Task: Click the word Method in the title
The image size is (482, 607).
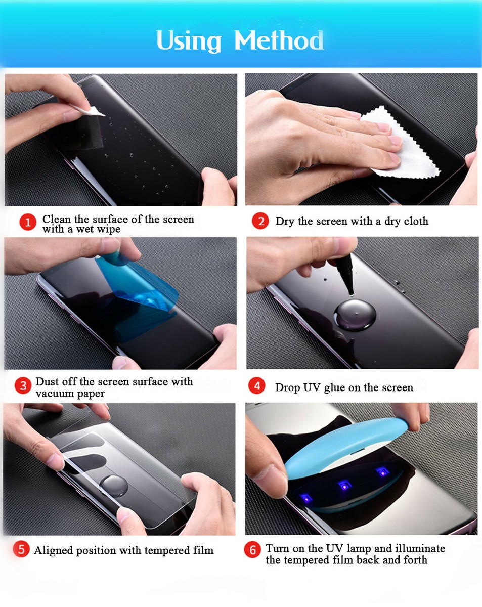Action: (x=279, y=40)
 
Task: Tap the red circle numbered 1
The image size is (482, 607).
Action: (x=28, y=222)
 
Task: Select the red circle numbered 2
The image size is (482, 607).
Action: (x=260, y=221)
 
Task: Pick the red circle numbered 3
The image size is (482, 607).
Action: (x=23, y=386)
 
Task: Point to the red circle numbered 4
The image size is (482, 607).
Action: (x=257, y=386)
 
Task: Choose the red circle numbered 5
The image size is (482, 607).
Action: (x=21, y=550)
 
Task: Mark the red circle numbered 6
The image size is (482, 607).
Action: (x=252, y=550)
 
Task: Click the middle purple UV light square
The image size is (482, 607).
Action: (x=345, y=485)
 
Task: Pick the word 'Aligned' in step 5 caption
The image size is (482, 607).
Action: (x=53, y=550)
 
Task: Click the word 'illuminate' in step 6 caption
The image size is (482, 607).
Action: (x=420, y=548)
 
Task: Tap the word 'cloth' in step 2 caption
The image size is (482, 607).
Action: (x=414, y=221)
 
